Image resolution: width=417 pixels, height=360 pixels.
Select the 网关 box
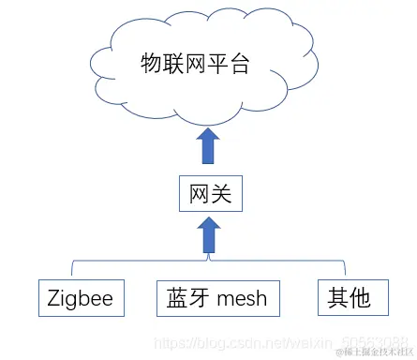pos(210,195)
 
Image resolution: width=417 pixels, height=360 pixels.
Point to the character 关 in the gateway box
pos(223,195)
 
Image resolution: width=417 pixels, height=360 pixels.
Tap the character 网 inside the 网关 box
pos(198,195)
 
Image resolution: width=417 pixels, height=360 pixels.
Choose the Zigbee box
pos(81,298)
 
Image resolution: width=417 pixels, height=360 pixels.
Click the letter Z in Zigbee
pos(54,298)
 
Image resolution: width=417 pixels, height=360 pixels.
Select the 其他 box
pos(349,298)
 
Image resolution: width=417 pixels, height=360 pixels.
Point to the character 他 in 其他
pos(361,298)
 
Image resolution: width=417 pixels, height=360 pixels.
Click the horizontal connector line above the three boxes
pos(141,260)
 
